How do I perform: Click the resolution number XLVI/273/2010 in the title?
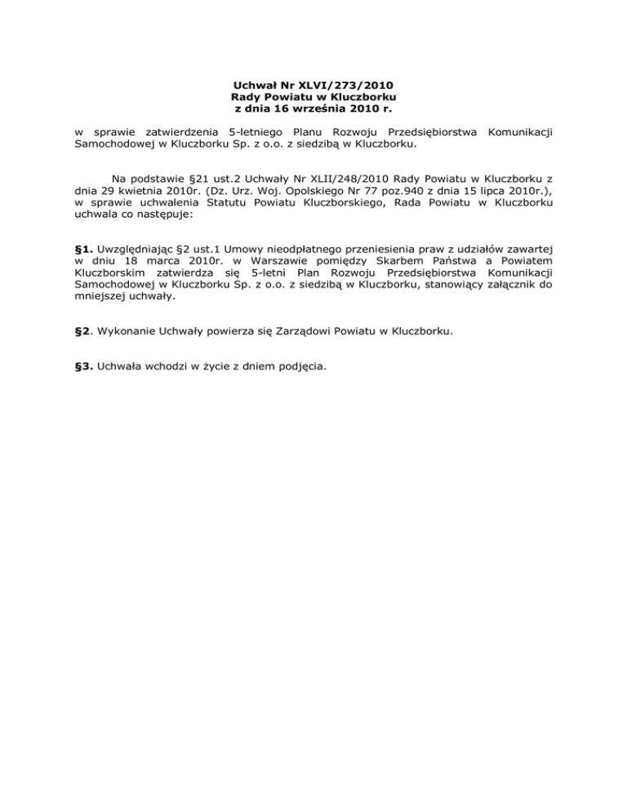pos(349,84)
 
